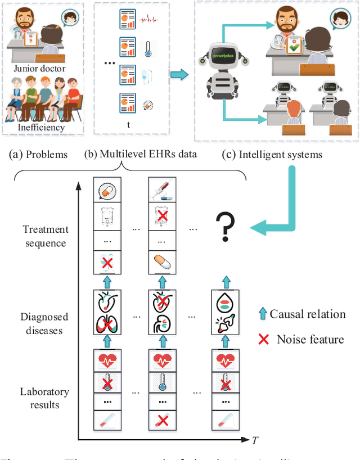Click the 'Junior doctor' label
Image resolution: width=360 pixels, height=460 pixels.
coord(40,69)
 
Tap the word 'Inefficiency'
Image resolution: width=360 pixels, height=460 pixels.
coord(40,127)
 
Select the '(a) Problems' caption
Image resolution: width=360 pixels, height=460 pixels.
coord(39,154)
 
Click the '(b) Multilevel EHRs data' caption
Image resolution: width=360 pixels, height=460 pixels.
coord(140,154)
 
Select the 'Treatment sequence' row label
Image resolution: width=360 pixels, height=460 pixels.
coord(46,236)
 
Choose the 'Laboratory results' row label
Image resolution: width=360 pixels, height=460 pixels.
coord(44,398)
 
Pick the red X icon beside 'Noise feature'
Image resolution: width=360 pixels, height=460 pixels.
coord(263,339)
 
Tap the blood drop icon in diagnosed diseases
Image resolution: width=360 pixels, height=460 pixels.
coord(224,304)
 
